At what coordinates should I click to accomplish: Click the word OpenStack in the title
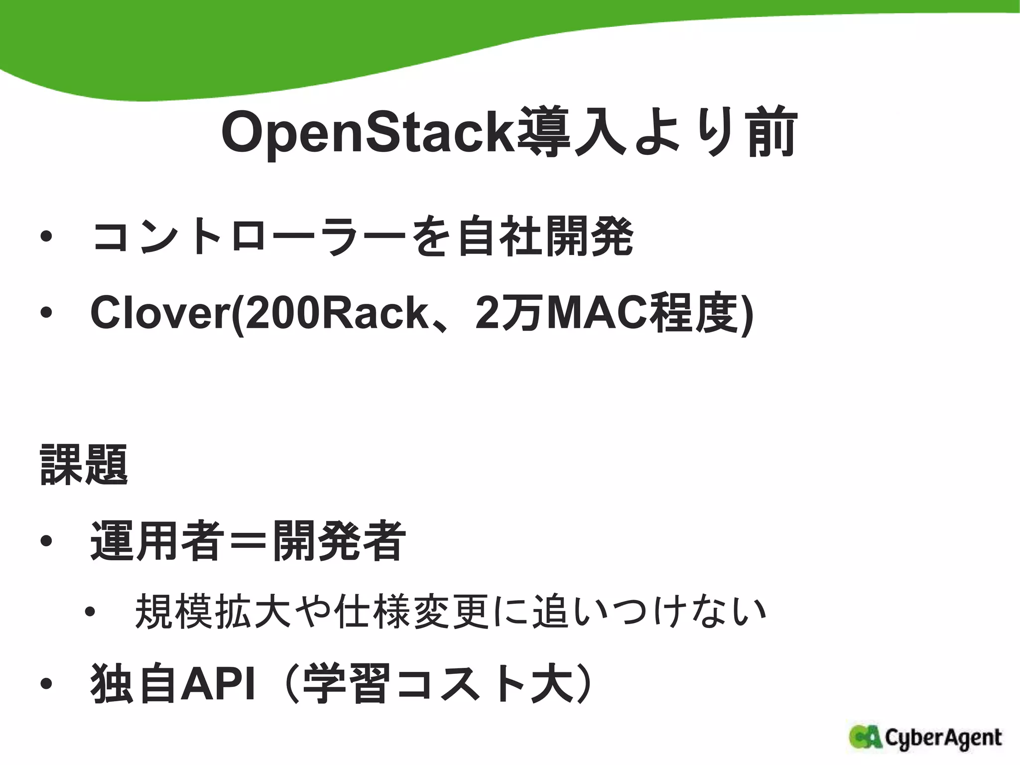(368, 133)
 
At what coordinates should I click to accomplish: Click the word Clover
(160, 313)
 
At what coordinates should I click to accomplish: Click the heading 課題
(84, 465)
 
